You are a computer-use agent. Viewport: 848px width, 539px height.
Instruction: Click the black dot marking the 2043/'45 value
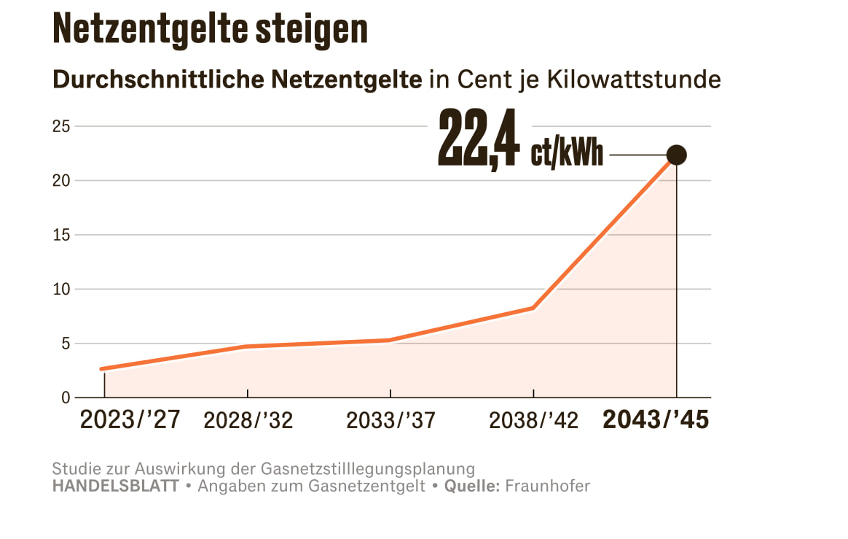pos(676,155)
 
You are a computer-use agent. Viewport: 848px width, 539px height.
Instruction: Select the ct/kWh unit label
pos(567,154)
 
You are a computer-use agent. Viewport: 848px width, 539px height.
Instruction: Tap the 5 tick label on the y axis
pos(65,344)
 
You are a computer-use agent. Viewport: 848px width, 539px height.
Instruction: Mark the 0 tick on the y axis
pos(65,398)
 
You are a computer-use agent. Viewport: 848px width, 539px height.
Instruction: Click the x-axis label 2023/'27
pos(130,420)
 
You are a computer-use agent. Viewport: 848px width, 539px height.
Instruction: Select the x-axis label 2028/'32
pos(248,421)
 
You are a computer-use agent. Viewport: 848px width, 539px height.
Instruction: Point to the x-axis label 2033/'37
pos(390,421)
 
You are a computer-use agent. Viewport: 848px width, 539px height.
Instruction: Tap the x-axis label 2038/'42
pos(533,421)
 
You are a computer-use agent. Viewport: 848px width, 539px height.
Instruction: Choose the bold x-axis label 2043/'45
pos(656,420)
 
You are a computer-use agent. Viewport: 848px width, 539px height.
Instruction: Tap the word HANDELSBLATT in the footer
pos(115,486)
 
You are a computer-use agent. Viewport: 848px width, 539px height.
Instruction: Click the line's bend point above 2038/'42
pos(533,308)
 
